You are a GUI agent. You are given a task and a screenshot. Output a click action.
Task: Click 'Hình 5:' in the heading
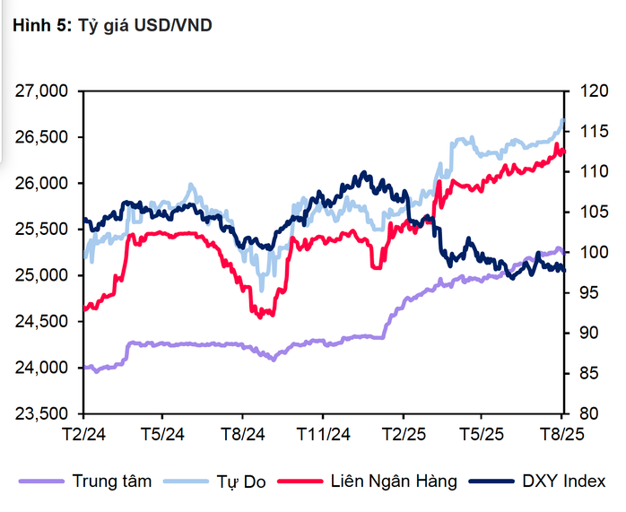tap(35, 26)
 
